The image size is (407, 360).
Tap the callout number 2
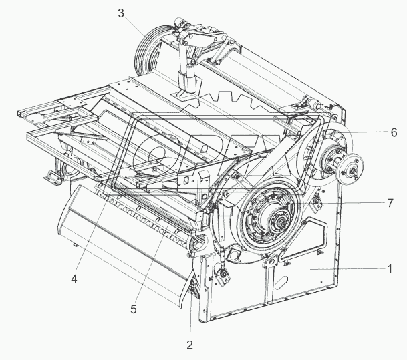coord(189,345)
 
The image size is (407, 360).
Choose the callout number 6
coord(394,132)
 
